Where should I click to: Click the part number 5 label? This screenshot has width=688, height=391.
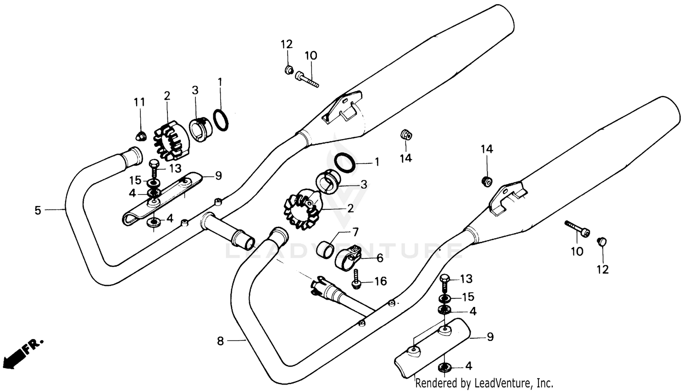click(x=38, y=211)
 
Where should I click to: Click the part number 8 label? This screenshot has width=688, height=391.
click(x=221, y=341)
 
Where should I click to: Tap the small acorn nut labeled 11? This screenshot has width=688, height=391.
click(x=141, y=136)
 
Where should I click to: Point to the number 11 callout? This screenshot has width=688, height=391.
click(x=139, y=102)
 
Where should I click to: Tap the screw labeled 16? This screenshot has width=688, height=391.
click(x=357, y=279)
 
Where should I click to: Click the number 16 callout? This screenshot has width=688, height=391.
click(x=381, y=281)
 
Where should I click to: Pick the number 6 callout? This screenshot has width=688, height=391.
click(x=380, y=258)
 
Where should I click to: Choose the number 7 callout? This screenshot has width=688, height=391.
click(x=355, y=232)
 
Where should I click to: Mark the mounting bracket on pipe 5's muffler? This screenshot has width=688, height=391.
click(x=342, y=109)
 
